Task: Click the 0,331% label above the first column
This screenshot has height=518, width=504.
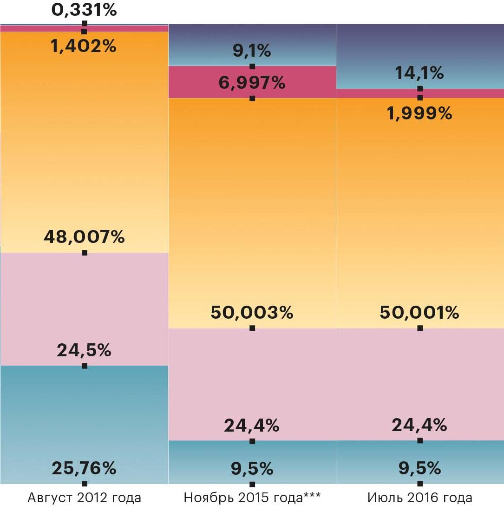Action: coord(84,10)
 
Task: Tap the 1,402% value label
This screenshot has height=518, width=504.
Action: coord(84,46)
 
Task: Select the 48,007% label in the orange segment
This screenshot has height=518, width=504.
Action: coord(84,237)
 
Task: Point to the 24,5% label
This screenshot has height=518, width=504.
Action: coord(84,351)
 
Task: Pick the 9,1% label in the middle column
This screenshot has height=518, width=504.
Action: coord(252,51)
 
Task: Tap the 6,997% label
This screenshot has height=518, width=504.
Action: coord(252,84)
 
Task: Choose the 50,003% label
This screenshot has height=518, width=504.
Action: coord(252,313)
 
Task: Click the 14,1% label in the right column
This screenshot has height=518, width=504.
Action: coord(420,73)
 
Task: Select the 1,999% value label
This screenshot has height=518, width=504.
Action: coord(420,113)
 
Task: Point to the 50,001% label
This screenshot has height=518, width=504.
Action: coord(420,313)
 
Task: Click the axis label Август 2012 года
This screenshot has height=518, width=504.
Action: coord(84,498)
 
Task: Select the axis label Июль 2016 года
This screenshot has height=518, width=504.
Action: coord(420,498)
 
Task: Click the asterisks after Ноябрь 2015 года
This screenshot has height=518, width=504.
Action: coord(312,497)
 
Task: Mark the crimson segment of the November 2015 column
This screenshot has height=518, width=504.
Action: coord(209,82)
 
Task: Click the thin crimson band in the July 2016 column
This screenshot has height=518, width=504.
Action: coord(372,93)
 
